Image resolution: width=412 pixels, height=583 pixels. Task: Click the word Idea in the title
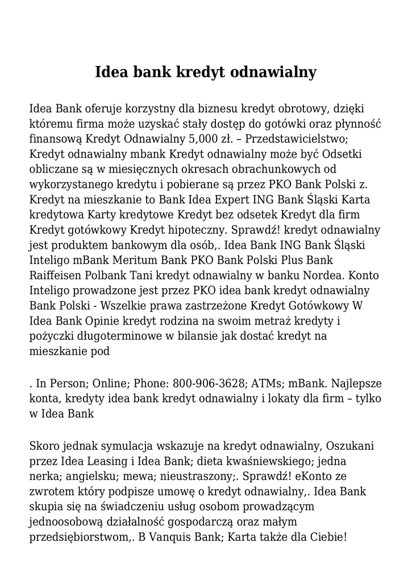point(111,73)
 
